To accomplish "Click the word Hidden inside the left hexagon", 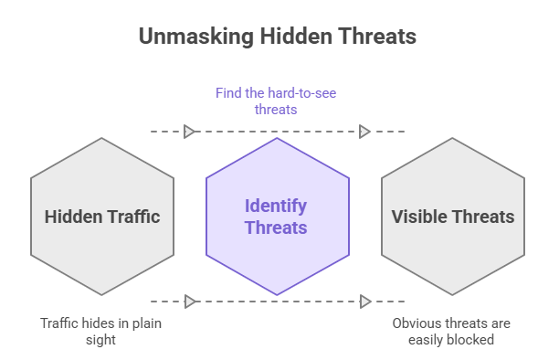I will pos(72,217).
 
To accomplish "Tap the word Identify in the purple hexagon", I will pos(276,206).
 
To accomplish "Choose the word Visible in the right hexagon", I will pos(420,217).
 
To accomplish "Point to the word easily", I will pos(429,340).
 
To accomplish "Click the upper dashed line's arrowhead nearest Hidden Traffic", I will pos(189,132).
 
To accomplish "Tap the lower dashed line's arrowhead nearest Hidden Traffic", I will pos(189,302).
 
